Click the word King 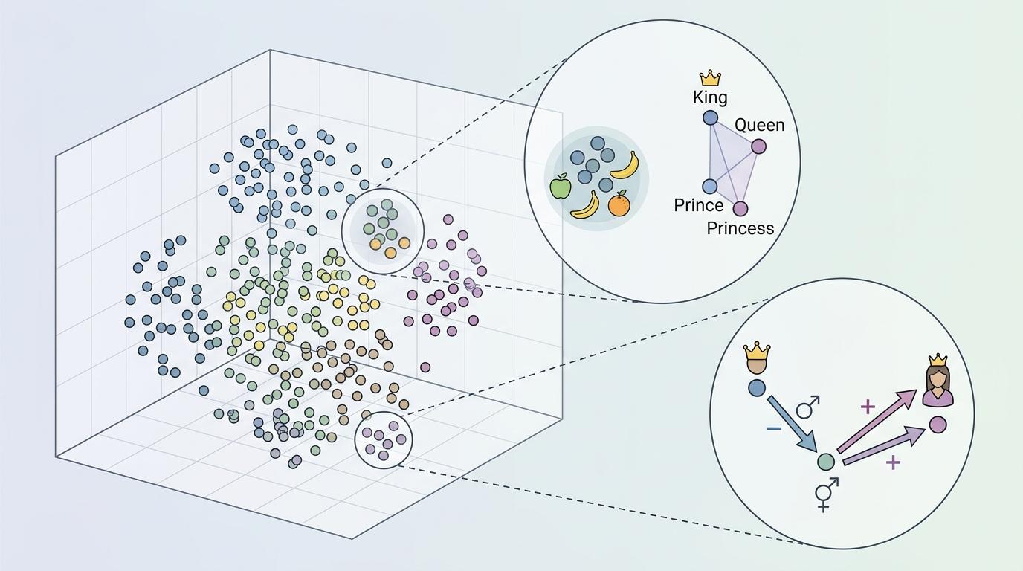click(x=710, y=97)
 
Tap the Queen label click(x=759, y=125)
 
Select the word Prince click(x=698, y=205)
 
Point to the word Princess click(x=740, y=228)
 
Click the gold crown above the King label click(x=711, y=78)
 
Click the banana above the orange click(x=625, y=165)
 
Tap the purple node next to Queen click(x=758, y=146)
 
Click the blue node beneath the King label click(x=711, y=117)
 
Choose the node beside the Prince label click(x=710, y=186)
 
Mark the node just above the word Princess click(x=740, y=208)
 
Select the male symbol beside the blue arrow click(x=808, y=406)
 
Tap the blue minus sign click(x=773, y=429)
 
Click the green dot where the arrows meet click(x=825, y=462)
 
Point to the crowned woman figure click(x=938, y=381)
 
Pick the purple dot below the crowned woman click(x=938, y=425)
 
